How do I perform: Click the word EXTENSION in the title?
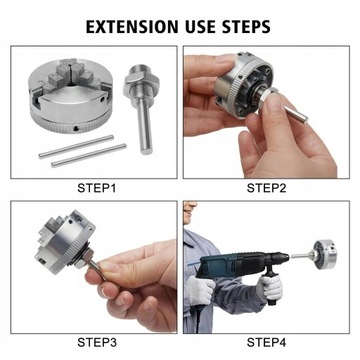point(132,27)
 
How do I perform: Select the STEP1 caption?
point(97,188)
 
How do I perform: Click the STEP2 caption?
point(266,188)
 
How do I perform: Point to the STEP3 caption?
point(97,342)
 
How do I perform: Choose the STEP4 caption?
point(266,342)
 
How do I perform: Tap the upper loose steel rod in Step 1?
point(76,147)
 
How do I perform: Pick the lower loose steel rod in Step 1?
point(89,155)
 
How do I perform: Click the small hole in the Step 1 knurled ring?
point(77,128)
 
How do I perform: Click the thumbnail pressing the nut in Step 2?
point(275,101)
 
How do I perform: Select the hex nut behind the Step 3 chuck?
point(83,259)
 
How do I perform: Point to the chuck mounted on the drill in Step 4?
point(324,254)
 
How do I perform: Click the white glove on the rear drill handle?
point(200,291)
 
